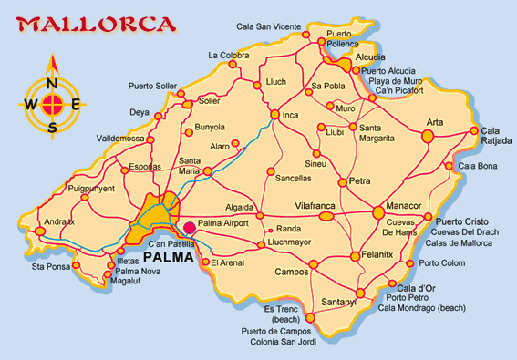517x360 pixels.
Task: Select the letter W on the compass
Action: point(31,103)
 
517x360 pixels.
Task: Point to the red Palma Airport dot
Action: point(189,229)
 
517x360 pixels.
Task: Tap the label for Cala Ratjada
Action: point(497,136)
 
